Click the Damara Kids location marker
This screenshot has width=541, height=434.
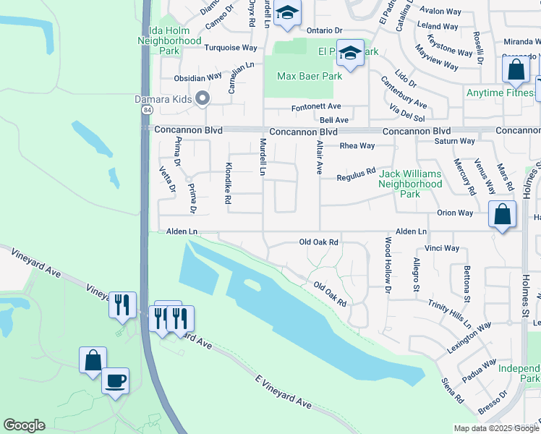(x=203, y=98)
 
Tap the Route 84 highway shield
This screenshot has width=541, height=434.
(x=147, y=110)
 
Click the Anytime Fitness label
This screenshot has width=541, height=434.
(x=500, y=93)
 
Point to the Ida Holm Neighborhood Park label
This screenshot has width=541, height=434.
(x=169, y=41)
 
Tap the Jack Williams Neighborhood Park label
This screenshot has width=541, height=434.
(x=410, y=184)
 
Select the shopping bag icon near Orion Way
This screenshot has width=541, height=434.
(x=502, y=214)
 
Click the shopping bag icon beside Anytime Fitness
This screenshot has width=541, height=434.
(x=516, y=70)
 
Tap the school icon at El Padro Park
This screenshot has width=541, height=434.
(x=350, y=53)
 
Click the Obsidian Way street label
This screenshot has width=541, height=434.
(x=197, y=77)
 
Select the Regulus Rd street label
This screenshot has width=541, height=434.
(x=356, y=174)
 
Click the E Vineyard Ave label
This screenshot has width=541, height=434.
(x=284, y=391)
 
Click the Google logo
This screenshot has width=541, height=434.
(x=24, y=425)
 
